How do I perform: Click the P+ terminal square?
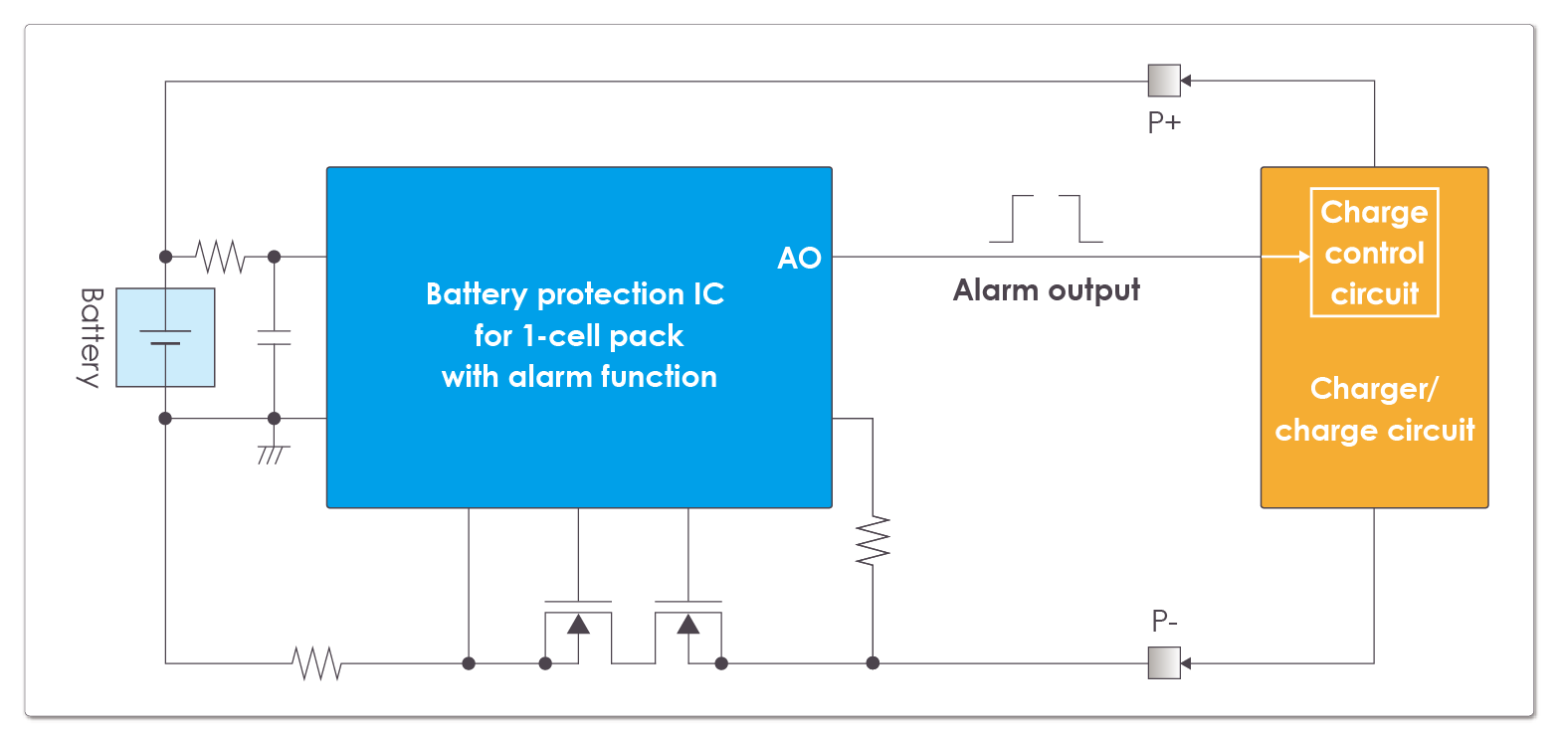(x=1164, y=81)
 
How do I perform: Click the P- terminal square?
(x=1164, y=662)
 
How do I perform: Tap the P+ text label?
(x=1164, y=122)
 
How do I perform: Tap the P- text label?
(x=1164, y=622)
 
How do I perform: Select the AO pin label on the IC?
(x=799, y=259)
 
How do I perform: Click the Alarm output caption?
(x=1046, y=290)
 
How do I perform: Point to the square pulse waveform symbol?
(x=1046, y=219)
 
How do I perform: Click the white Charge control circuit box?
(x=1374, y=253)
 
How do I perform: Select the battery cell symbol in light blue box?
(x=165, y=337)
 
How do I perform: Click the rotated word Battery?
(x=91, y=337)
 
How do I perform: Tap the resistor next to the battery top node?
(x=220, y=257)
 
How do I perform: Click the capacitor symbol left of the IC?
(x=274, y=337)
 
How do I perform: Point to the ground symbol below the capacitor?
(x=273, y=454)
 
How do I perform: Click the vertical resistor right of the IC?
(x=873, y=541)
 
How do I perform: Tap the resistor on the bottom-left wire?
(x=317, y=662)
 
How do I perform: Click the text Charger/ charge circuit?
(x=1374, y=410)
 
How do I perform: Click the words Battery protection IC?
(x=575, y=294)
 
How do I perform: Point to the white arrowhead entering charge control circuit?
(x=1303, y=257)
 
